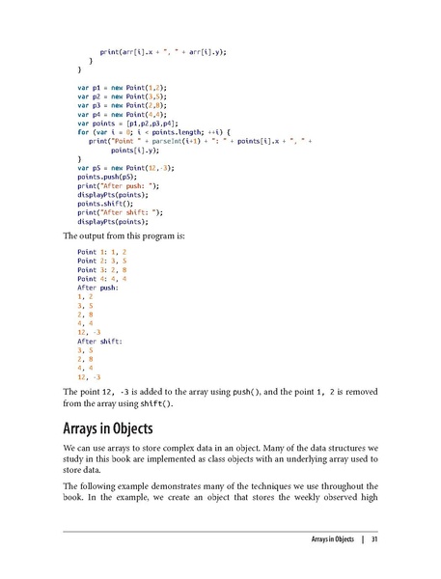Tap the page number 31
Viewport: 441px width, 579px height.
click(x=373, y=538)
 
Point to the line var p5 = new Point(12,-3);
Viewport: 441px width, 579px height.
click(x=128, y=167)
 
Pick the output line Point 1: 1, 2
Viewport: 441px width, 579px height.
click(x=101, y=252)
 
